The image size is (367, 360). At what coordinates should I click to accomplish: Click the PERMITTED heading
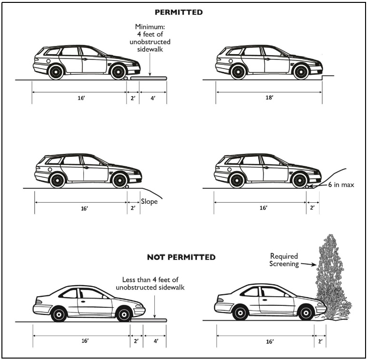(x=179, y=12)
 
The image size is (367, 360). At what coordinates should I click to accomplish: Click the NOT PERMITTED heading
(x=181, y=257)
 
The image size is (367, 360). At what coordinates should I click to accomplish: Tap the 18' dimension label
(x=269, y=97)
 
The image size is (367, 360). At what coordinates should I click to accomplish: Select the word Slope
(x=149, y=202)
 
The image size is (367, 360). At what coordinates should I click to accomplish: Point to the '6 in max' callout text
(x=341, y=185)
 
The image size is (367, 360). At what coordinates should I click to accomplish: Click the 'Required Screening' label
(x=284, y=260)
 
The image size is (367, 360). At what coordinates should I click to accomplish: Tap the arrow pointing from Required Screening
(x=309, y=265)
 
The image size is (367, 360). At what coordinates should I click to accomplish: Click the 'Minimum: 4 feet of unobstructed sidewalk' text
(x=150, y=38)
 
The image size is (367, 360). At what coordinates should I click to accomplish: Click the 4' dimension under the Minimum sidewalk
(x=153, y=98)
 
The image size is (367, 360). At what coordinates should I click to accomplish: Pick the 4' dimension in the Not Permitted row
(x=156, y=341)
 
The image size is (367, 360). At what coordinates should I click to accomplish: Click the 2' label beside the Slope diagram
(x=133, y=208)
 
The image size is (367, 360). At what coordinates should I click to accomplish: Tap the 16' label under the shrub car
(x=270, y=342)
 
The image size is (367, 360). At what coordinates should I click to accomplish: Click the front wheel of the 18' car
(x=301, y=72)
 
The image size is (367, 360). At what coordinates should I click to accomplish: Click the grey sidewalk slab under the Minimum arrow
(x=149, y=78)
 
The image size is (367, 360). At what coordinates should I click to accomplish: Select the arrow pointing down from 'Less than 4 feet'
(x=154, y=306)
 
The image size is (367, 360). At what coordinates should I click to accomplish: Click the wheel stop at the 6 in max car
(x=307, y=186)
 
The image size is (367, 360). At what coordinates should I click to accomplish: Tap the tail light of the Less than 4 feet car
(x=39, y=302)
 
